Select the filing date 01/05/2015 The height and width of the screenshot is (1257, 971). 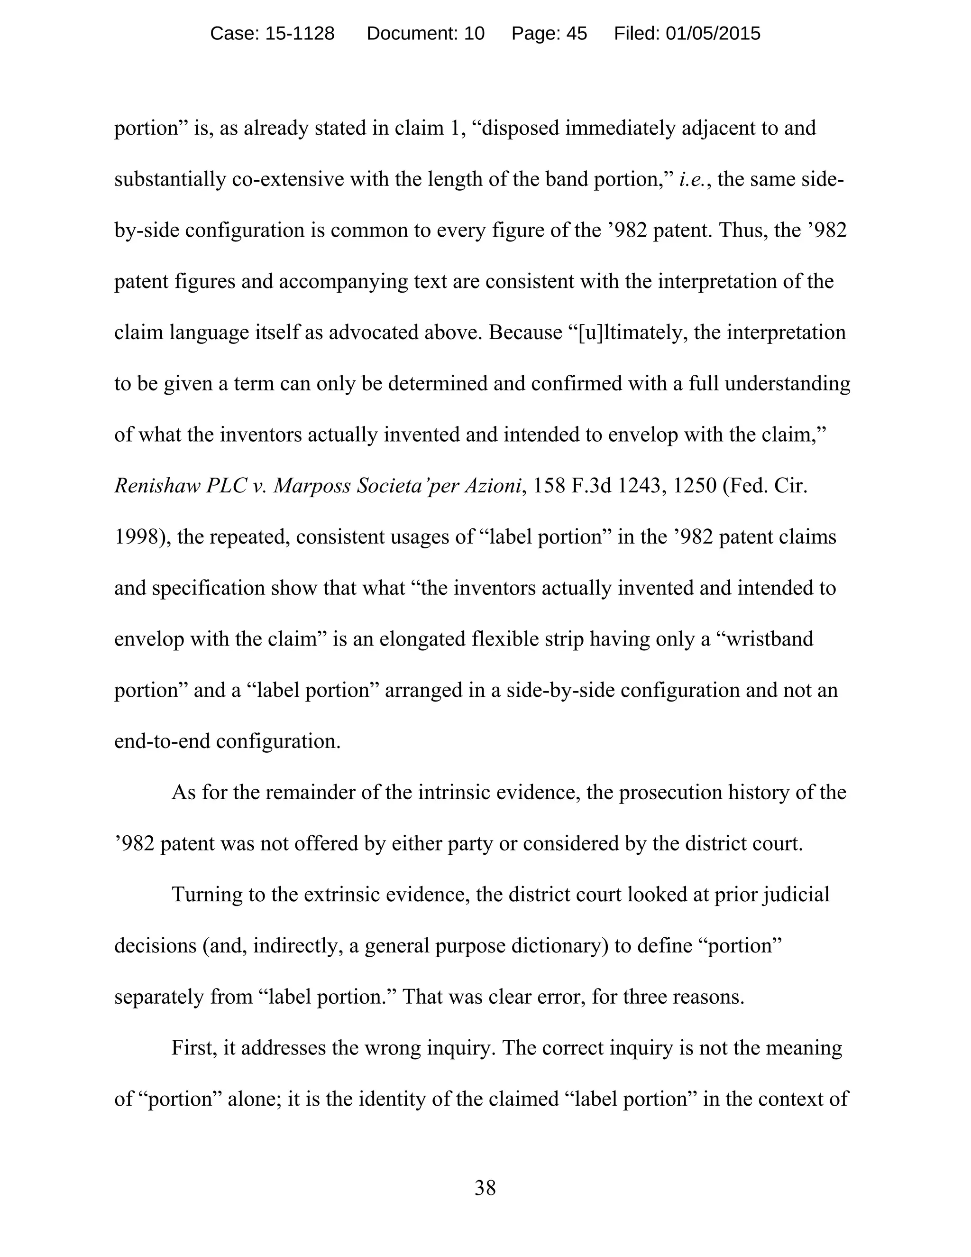coord(713,34)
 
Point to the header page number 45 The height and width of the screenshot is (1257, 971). coord(577,34)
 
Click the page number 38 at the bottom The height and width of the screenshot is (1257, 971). coord(485,1187)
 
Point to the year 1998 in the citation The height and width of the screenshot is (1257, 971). coord(137,537)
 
